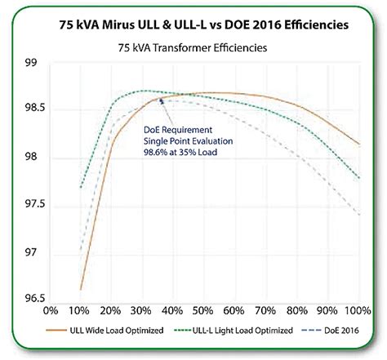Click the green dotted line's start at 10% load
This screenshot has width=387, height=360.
point(80,188)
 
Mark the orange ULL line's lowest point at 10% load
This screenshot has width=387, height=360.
point(80,289)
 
